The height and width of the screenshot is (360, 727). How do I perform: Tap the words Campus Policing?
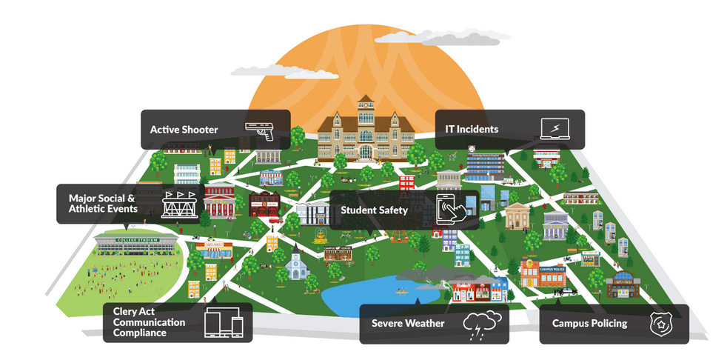pos(589,324)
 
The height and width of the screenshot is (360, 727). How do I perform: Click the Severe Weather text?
pos(408,324)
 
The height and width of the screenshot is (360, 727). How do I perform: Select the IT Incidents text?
pos(472,130)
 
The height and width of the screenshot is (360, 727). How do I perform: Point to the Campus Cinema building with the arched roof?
pos(623,284)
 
